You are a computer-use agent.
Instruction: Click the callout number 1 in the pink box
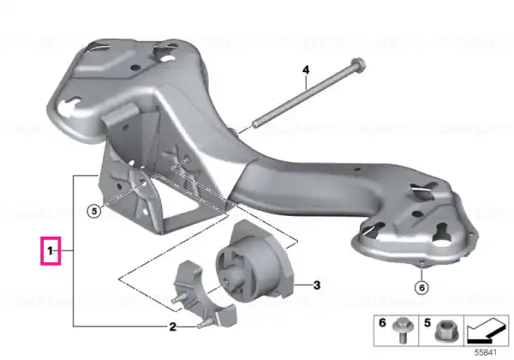tap(51, 251)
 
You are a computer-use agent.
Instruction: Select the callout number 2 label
tap(173, 327)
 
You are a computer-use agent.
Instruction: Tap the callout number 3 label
tap(317, 285)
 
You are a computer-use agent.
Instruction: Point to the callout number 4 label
tap(306, 69)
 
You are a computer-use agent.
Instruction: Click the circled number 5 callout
tap(94, 211)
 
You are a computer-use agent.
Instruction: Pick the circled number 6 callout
tap(421, 288)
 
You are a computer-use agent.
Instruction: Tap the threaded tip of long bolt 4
tap(254, 124)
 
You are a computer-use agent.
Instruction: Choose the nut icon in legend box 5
tap(444, 332)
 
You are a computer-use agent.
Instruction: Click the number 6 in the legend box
tap(382, 323)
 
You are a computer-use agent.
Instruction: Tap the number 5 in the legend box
tap(427, 323)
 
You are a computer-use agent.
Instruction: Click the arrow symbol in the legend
tap(487, 331)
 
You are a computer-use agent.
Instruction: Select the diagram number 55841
tap(486, 352)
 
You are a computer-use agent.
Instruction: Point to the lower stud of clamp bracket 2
tap(202, 324)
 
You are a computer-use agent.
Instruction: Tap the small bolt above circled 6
tap(421, 262)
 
